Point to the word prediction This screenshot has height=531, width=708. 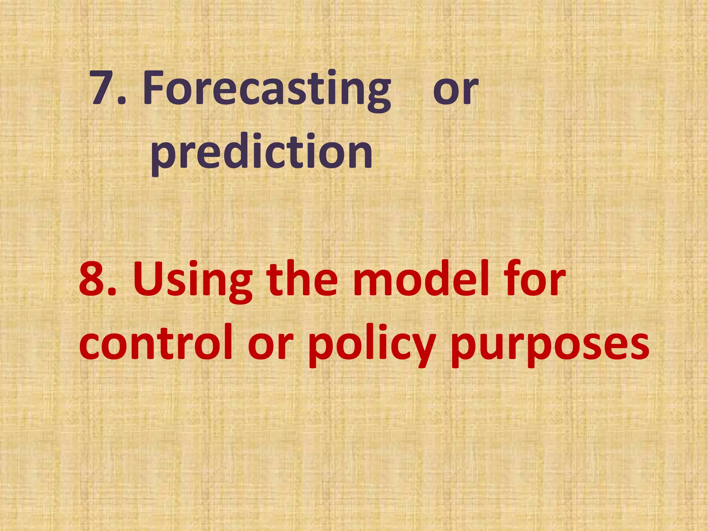pyautogui.click(x=262, y=152)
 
